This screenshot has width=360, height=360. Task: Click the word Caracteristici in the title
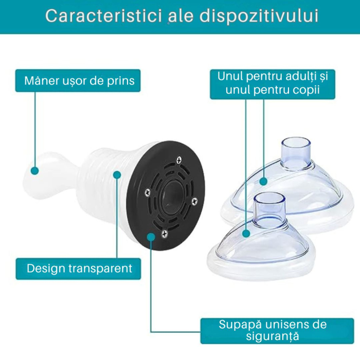[x=102, y=16]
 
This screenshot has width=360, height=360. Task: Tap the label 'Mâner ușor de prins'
[x=79, y=81]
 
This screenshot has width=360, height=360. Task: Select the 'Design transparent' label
[x=79, y=268]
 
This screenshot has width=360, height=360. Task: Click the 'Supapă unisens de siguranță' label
[x=273, y=331]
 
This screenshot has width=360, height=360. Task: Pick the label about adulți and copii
[x=273, y=84]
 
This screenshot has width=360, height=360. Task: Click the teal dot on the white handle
[x=34, y=170]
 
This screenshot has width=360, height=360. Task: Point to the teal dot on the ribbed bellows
[x=117, y=175]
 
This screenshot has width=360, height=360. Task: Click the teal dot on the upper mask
[x=263, y=181]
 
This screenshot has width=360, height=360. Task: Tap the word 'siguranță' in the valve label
[x=273, y=337]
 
